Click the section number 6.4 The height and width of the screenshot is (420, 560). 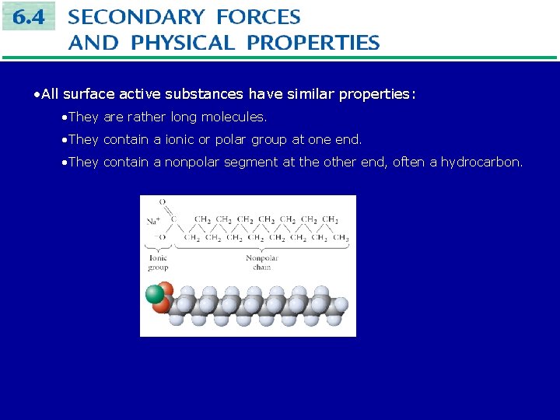click(x=29, y=16)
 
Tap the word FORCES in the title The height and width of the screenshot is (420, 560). click(x=258, y=16)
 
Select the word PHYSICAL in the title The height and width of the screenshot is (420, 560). click(x=183, y=42)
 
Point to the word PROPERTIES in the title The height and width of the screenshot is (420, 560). click(x=313, y=42)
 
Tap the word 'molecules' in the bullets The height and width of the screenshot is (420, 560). click(x=233, y=117)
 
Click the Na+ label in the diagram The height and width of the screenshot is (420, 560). click(x=153, y=220)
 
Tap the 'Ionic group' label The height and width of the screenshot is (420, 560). click(x=158, y=262)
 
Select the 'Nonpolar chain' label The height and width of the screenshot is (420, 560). click(x=262, y=262)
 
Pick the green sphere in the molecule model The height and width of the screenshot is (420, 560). click(x=155, y=294)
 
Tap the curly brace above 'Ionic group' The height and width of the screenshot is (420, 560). click(x=158, y=248)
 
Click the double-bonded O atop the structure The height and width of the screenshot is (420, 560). click(x=162, y=202)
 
